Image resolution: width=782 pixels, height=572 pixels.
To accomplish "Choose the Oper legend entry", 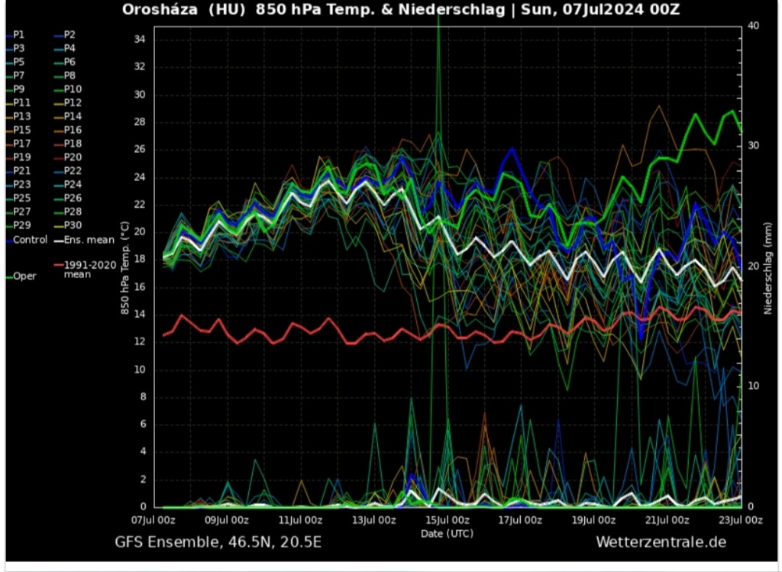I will pyautogui.click(x=24, y=276).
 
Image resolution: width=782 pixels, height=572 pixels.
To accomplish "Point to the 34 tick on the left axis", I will pyautogui.click(x=140, y=39).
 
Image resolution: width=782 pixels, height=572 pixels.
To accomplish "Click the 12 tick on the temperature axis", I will pyautogui.click(x=140, y=341).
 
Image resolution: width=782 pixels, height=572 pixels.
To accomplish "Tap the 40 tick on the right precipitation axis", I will pyautogui.click(x=753, y=25).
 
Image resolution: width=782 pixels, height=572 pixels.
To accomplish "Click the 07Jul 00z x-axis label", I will pyautogui.click(x=153, y=520).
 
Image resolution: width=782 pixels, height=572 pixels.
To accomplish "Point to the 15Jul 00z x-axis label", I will pyautogui.click(x=448, y=520).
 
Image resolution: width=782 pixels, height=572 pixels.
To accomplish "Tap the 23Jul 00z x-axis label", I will pyautogui.click(x=741, y=520).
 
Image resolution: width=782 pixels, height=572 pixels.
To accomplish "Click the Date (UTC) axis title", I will pyautogui.click(x=447, y=532).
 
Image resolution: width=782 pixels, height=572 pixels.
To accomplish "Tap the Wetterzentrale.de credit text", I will pyautogui.click(x=661, y=541).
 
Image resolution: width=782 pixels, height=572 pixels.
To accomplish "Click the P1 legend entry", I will pyautogui.click(x=18, y=34).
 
